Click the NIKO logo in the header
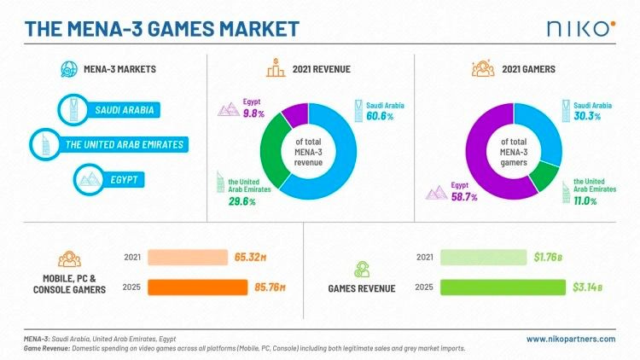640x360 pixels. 579,28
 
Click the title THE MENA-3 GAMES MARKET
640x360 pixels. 162,29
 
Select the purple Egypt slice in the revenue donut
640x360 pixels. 294,112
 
